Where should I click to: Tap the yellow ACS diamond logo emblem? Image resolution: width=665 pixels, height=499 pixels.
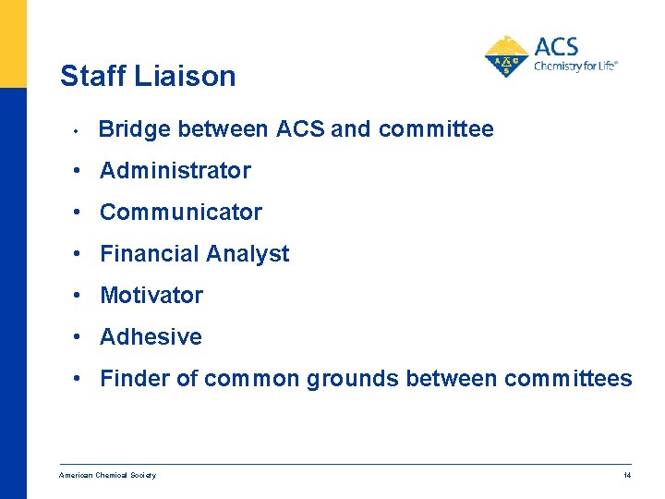tap(507, 56)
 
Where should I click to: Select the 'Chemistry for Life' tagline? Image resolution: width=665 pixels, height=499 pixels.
tap(575, 67)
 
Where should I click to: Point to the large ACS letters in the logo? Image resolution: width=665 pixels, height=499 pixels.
tap(556, 46)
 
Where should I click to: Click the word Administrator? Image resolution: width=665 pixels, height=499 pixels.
tap(175, 171)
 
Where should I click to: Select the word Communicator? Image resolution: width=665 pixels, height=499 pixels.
tap(181, 213)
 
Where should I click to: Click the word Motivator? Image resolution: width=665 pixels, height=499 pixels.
tap(151, 296)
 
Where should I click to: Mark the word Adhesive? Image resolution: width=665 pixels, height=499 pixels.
tap(151, 337)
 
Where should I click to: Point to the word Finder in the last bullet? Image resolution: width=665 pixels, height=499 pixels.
tap(130, 379)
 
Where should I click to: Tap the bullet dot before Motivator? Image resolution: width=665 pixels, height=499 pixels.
tap(81, 296)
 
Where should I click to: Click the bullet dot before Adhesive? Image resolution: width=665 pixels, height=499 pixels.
tap(81, 337)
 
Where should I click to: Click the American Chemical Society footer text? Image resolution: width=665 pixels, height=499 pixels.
tap(107, 475)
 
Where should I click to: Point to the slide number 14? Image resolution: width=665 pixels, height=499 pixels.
tap(627, 475)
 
